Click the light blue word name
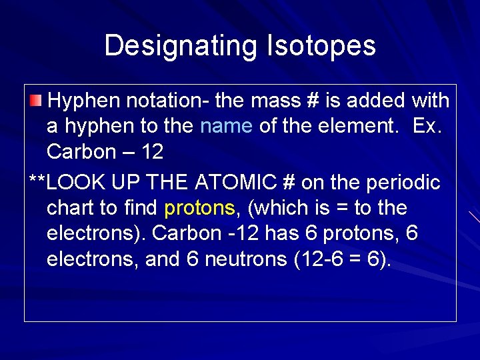click(x=226, y=126)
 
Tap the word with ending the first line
click(x=431, y=101)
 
